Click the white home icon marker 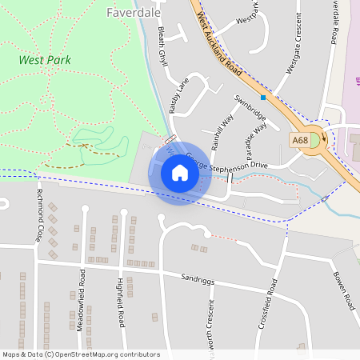(179, 173)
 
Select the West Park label (45, 60)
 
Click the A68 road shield (300, 140)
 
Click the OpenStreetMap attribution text (81, 354)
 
